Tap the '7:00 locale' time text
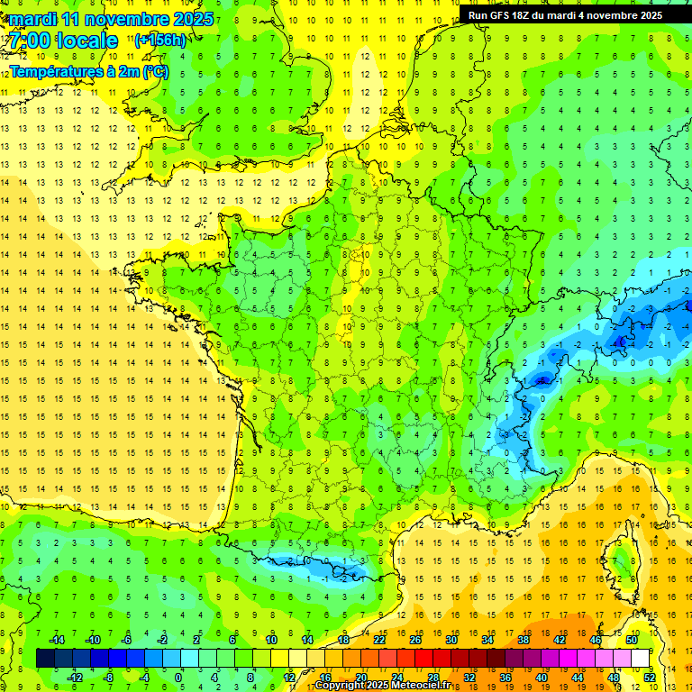[x=63, y=41]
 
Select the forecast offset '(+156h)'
[x=160, y=40]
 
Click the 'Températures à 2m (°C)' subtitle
[x=88, y=71]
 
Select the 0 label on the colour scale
[x=178, y=678]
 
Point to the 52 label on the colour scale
[x=650, y=678]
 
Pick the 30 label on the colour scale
[x=451, y=640]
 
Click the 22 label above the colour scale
[x=379, y=640]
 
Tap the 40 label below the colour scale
[x=542, y=678]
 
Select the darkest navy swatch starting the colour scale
[x=45, y=659]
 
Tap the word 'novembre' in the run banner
[x=614, y=15]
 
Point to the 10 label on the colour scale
[x=271, y=640]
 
